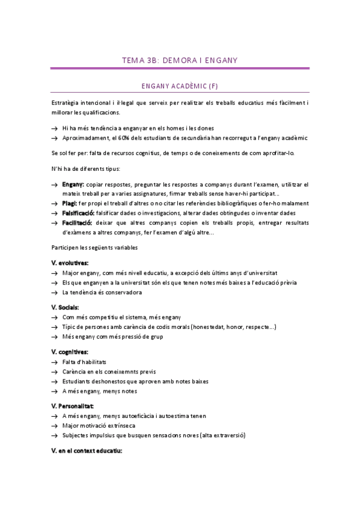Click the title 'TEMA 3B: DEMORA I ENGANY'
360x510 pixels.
pyautogui.click(x=180, y=60)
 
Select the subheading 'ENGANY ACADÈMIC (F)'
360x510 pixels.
pyautogui.click(x=180, y=87)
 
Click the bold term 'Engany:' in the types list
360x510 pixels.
pyautogui.click(x=73, y=184)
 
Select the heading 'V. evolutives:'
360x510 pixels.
pyautogui.click(x=70, y=263)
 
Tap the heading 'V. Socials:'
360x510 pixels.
pyautogui.click(x=66, y=307)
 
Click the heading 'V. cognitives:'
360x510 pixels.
pyautogui.click(x=70, y=351)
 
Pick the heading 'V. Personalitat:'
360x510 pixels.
pyautogui.click(x=73, y=406)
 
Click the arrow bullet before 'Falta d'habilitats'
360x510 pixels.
pyautogui.click(x=55, y=362)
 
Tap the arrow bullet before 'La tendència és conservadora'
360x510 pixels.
pyautogui.click(x=55, y=292)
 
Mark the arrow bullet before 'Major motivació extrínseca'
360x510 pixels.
pyautogui.click(x=55, y=426)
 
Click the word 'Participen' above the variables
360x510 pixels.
pyautogui.click(x=65, y=247)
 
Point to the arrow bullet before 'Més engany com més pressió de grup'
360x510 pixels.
pyautogui.click(x=55, y=337)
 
